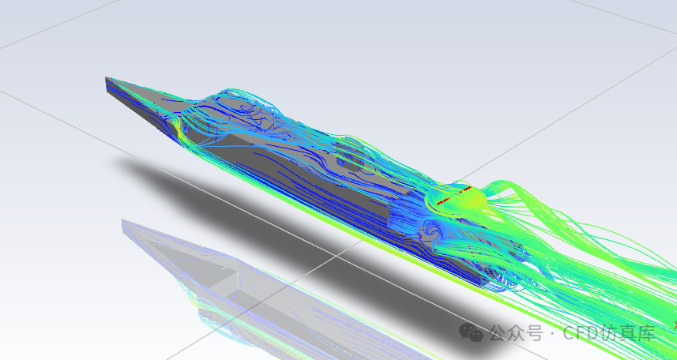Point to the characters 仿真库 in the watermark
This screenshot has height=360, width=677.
click(x=629, y=333)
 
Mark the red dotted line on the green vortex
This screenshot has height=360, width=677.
click(x=453, y=195)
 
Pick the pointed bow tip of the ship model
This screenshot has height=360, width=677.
click(x=106, y=78)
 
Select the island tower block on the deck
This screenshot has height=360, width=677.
click(x=348, y=156)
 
